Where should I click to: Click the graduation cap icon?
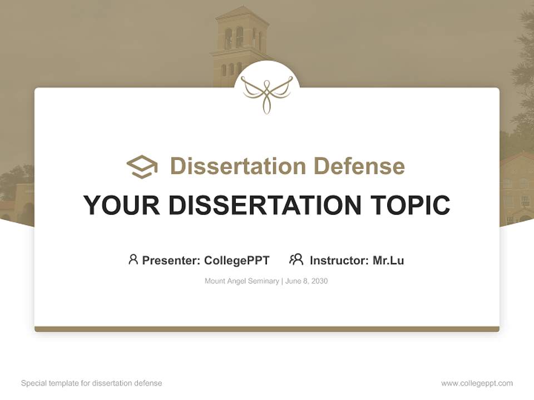click(142, 167)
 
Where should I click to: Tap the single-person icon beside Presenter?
click(133, 259)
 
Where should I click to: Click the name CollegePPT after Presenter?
click(237, 260)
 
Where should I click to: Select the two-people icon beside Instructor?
click(296, 259)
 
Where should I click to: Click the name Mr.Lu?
click(388, 260)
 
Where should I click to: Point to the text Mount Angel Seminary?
click(242, 281)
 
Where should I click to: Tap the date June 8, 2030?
click(306, 281)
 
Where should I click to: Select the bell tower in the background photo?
click(239, 44)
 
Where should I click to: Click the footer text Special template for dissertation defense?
click(92, 383)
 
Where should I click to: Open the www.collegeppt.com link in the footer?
click(477, 383)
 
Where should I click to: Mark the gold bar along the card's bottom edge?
click(267, 329)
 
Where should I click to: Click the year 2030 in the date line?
click(319, 281)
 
